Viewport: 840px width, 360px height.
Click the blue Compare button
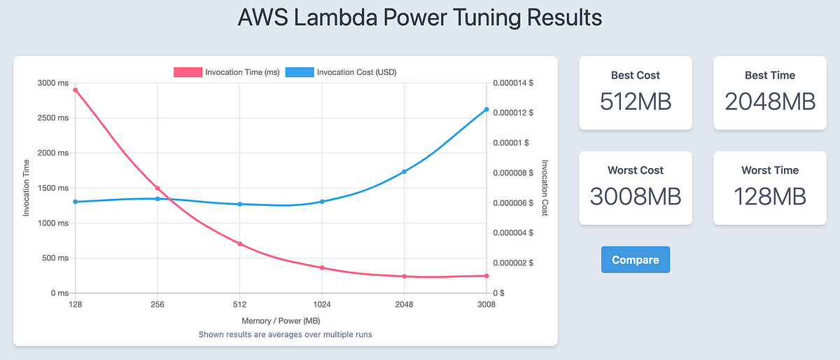click(635, 260)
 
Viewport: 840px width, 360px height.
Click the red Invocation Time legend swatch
click(187, 71)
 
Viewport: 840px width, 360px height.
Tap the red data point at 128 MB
click(76, 90)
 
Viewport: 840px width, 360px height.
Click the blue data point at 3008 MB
click(486, 109)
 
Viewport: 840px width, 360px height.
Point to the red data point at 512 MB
click(240, 244)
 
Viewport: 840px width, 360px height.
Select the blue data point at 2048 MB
click(404, 172)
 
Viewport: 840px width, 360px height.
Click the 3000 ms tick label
click(52, 83)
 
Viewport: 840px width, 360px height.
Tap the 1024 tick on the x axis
click(322, 305)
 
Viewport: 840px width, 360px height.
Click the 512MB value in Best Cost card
click(635, 102)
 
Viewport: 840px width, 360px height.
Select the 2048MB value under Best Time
click(770, 102)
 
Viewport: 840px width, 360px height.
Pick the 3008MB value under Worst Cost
click(635, 197)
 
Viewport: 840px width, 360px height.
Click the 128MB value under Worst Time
click(770, 197)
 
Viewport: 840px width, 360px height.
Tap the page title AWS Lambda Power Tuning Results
click(420, 18)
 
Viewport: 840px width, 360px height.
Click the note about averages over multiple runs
click(285, 334)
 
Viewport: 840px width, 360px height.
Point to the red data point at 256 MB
click(157, 188)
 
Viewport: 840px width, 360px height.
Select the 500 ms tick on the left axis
click(54, 258)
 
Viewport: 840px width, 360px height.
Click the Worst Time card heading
click(770, 170)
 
